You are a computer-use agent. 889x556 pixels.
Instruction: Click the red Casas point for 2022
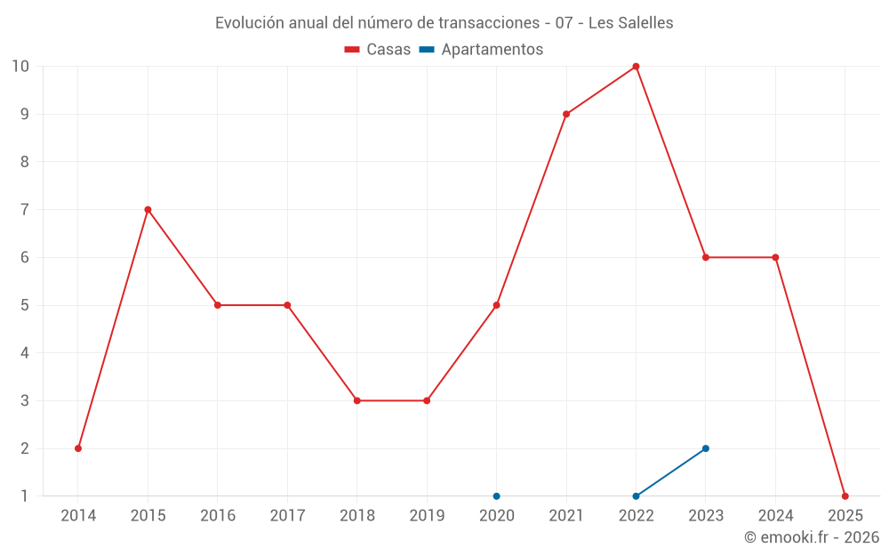[636, 66]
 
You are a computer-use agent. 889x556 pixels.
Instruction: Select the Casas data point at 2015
[148, 210]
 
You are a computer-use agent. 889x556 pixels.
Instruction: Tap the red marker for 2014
[78, 448]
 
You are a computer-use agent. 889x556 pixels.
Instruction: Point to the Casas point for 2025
[845, 496]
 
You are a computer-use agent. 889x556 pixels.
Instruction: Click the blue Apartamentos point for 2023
[706, 448]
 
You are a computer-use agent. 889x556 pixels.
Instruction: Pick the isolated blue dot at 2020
[496, 496]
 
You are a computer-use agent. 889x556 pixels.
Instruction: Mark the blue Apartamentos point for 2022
[636, 496]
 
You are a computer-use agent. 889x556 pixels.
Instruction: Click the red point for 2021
[566, 114]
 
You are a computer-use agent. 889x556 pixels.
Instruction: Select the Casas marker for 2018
[356, 400]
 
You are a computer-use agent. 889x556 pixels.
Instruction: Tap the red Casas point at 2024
[775, 257]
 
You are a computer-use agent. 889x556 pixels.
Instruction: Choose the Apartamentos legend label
[492, 50]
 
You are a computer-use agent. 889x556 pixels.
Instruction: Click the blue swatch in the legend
[426, 50]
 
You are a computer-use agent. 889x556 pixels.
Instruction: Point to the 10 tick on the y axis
[20, 66]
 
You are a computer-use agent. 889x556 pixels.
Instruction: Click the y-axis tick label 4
[25, 353]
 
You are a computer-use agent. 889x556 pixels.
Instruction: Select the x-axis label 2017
[287, 516]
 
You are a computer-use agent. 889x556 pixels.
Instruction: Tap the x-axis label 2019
[427, 516]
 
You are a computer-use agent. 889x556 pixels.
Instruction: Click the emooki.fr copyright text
[812, 537]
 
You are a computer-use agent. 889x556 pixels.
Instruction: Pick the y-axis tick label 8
[25, 162]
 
